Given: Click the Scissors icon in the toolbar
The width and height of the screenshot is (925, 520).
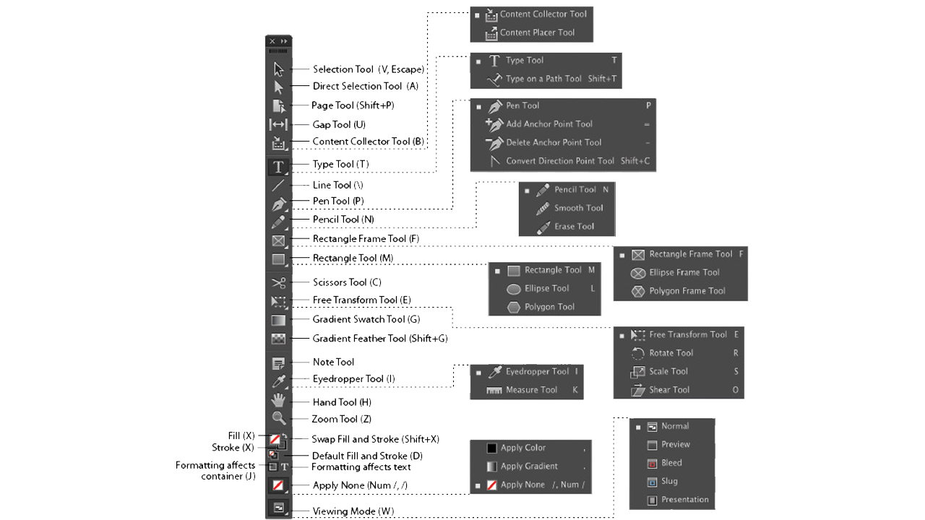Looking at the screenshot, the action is pyautogui.click(x=279, y=282).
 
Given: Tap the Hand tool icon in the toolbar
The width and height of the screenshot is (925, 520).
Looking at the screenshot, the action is pyautogui.click(x=279, y=400).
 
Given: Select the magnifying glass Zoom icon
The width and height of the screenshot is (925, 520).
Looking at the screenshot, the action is pyautogui.click(x=279, y=418).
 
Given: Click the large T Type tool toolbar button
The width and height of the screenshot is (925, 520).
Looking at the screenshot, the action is pyautogui.click(x=278, y=167).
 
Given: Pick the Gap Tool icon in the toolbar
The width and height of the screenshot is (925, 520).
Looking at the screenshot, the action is pyautogui.click(x=278, y=124).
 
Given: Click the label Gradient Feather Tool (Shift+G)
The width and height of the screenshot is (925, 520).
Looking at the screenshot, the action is pyautogui.click(x=380, y=339).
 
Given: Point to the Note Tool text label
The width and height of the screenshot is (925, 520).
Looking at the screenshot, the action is pyautogui.click(x=333, y=362).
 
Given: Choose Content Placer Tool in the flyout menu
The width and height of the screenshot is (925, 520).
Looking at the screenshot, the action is pyautogui.click(x=537, y=32).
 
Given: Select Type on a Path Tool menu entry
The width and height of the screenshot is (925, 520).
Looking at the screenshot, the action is pyautogui.click(x=543, y=79).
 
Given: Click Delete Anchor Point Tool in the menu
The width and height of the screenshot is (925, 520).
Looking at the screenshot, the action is pyautogui.click(x=554, y=142).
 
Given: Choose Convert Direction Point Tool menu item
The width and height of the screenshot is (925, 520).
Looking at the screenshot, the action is pyautogui.click(x=560, y=161).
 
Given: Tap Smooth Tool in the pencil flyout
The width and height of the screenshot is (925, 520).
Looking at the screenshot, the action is pyautogui.click(x=579, y=208).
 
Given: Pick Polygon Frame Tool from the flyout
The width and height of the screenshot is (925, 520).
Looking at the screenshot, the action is pyautogui.click(x=687, y=291).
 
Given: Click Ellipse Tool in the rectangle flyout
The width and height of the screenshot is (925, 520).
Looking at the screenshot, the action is pyautogui.click(x=547, y=288).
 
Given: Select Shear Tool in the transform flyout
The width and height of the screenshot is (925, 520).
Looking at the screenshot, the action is pyautogui.click(x=669, y=390).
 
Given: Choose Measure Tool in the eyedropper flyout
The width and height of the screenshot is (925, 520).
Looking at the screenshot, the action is pyautogui.click(x=531, y=390).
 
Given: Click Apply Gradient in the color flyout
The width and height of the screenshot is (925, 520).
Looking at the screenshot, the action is pyautogui.click(x=529, y=467).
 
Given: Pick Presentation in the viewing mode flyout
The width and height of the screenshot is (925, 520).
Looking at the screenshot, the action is pyautogui.click(x=684, y=500).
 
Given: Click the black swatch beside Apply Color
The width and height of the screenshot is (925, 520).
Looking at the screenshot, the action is pyautogui.click(x=491, y=448).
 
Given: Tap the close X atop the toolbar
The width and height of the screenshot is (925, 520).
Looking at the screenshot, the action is pyautogui.click(x=272, y=41).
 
